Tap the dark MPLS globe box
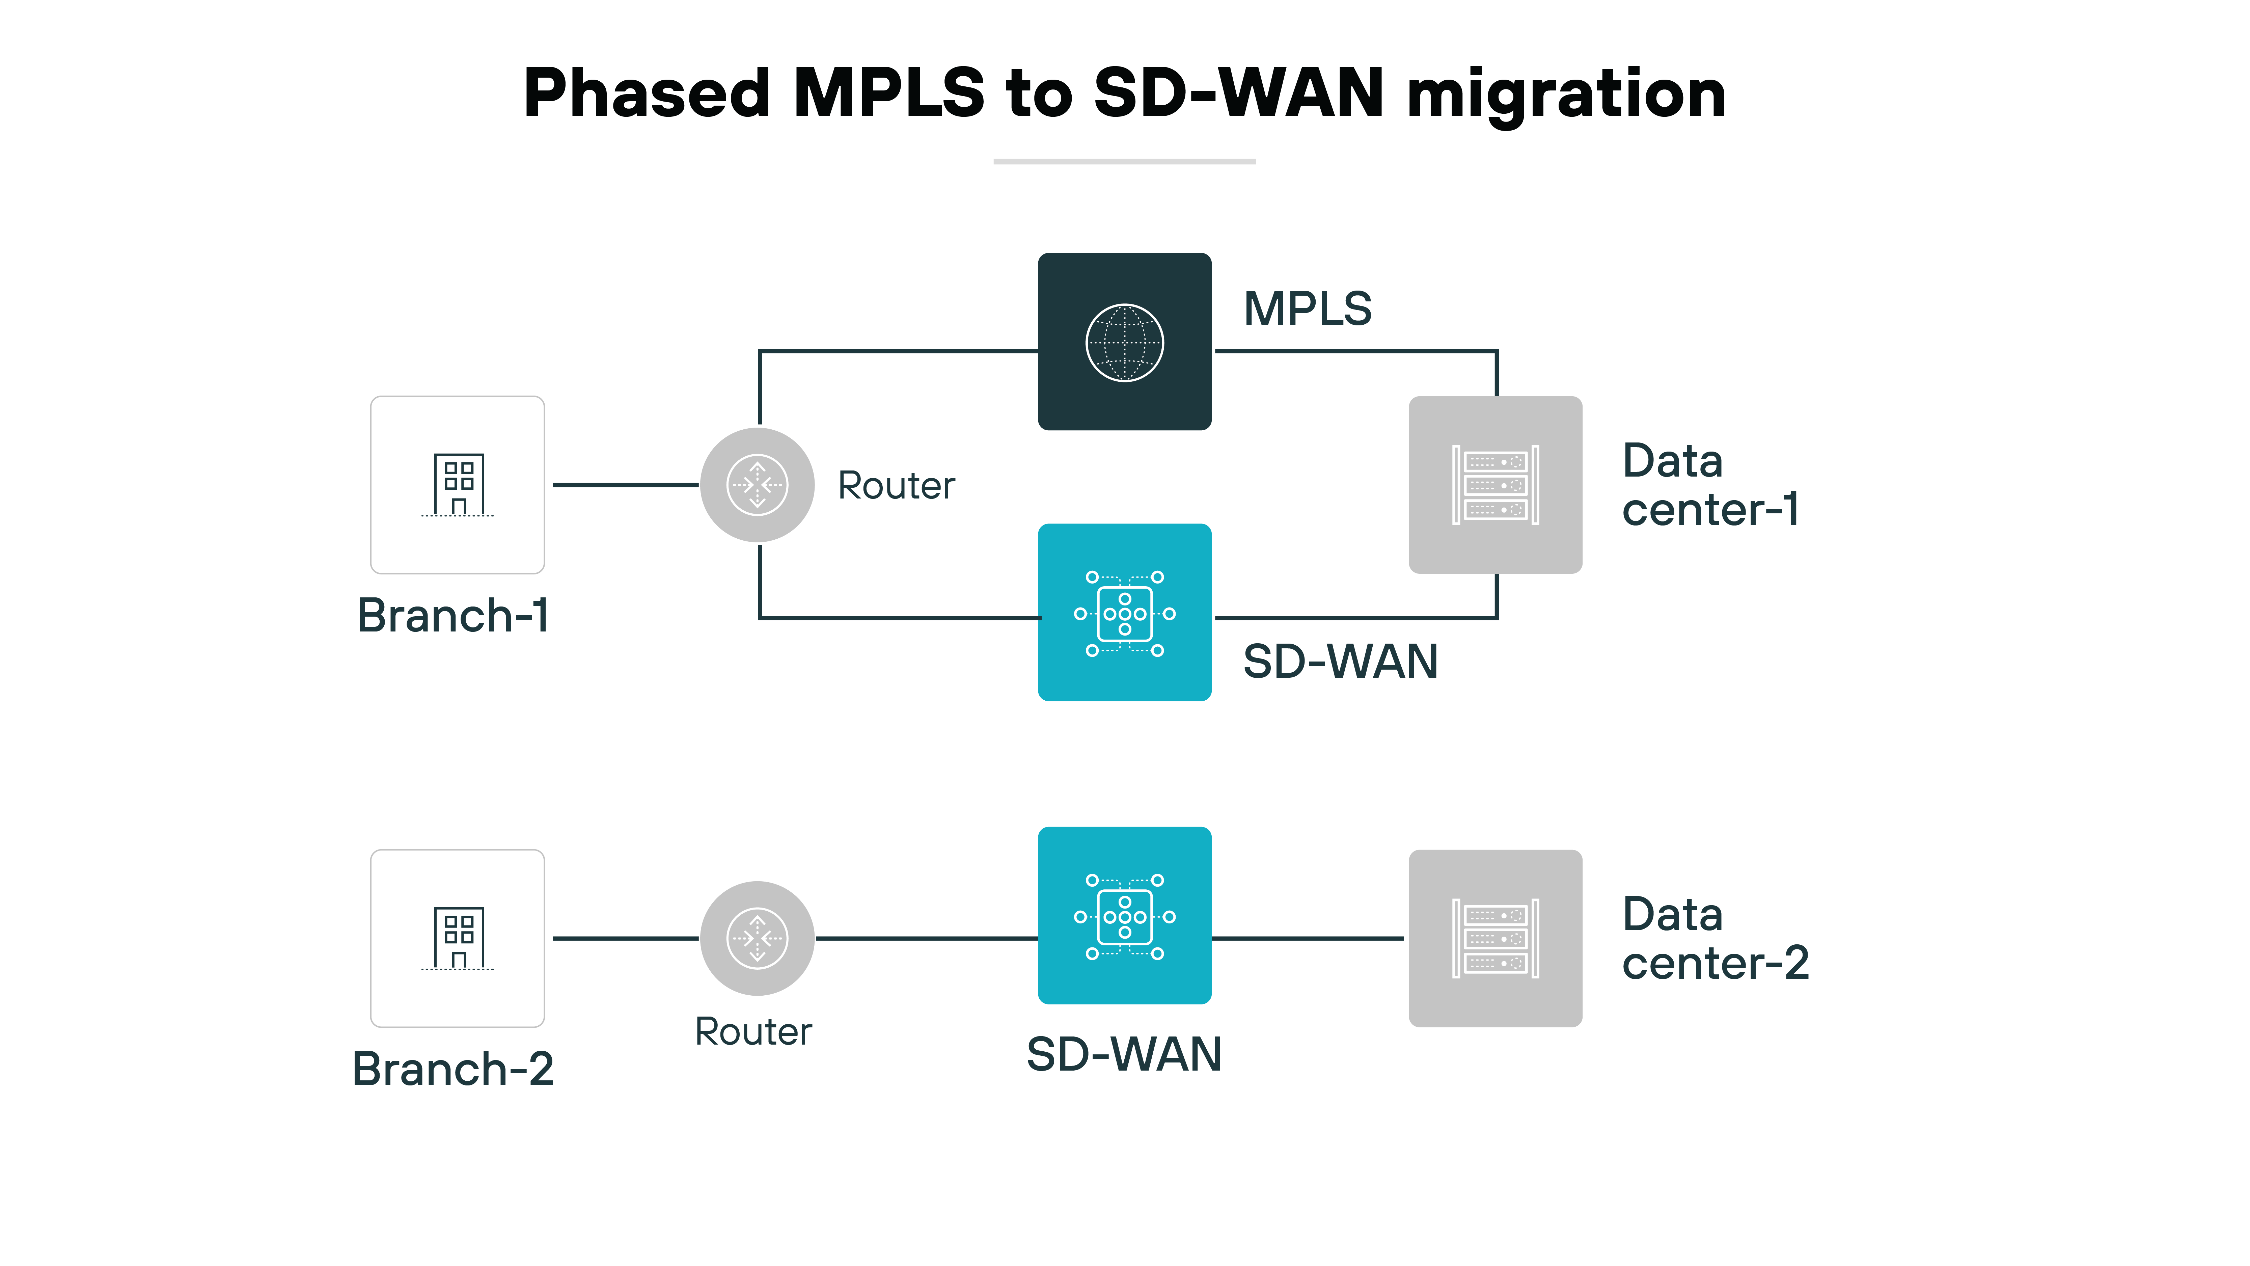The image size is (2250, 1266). (x=1124, y=342)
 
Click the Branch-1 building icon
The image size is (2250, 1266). (x=458, y=485)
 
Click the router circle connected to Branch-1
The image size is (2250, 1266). (x=757, y=485)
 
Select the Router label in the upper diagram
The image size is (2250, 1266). (x=896, y=486)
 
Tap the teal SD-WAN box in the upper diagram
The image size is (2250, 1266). (x=1124, y=613)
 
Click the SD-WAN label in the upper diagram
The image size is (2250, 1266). (x=1340, y=662)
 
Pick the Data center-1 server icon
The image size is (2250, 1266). (x=1496, y=485)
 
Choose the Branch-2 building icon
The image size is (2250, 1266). (x=458, y=938)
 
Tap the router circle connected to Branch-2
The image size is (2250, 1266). (x=757, y=938)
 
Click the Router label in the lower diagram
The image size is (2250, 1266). (x=753, y=1032)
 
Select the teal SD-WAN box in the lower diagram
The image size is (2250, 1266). (x=1124, y=916)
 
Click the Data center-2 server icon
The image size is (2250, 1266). (x=1496, y=938)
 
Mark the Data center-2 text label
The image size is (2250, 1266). (x=1714, y=938)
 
